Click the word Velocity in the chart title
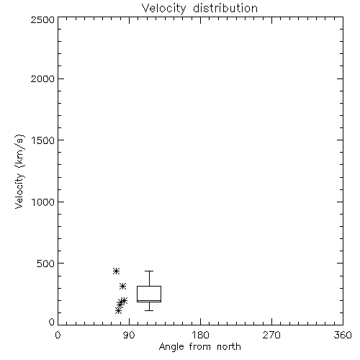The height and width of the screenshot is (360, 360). [164, 9]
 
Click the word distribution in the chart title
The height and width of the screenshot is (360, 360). [225, 8]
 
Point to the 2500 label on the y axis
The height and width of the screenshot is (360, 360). [42, 19]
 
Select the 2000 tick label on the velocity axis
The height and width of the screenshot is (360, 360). [42, 78]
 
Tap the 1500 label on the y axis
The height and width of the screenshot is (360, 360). [43, 140]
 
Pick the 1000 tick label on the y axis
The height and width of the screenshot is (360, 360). [43, 202]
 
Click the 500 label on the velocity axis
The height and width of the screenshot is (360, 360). [46, 264]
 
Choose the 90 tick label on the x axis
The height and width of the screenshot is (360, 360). [129, 335]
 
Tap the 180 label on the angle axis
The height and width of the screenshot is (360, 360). [200, 335]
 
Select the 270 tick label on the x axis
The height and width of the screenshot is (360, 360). [271, 335]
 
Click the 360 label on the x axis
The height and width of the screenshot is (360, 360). [343, 335]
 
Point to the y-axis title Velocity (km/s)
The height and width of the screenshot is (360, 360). [19, 171]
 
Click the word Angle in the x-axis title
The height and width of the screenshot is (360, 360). [171, 347]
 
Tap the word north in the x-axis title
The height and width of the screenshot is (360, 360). [229, 346]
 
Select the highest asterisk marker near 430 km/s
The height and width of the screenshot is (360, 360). [116, 271]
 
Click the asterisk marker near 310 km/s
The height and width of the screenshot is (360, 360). [122, 286]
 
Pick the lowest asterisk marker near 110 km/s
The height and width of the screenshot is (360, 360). [118, 311]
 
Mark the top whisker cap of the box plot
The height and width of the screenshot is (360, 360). [149, 271]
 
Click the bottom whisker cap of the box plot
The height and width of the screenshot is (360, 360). [149, 310]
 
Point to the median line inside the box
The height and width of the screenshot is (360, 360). [149, 300]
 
